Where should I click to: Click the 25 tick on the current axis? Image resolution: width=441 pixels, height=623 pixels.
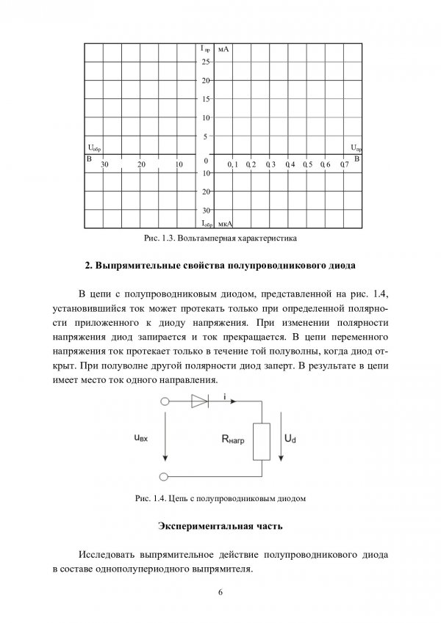coord(206,62)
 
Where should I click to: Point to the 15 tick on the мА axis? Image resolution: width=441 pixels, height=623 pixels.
coord(206,98)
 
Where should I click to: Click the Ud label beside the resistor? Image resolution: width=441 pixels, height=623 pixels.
coord(290,437)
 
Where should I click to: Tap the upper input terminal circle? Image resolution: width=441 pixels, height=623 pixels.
coord(165,401)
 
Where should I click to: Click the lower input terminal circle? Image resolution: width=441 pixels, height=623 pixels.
coord(165,477)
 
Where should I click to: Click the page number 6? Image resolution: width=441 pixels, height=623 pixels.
coord(220,592)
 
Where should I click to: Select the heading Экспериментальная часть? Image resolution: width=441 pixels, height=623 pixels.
coord(220,526)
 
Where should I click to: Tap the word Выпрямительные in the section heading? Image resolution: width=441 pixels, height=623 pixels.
coord(137,263)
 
